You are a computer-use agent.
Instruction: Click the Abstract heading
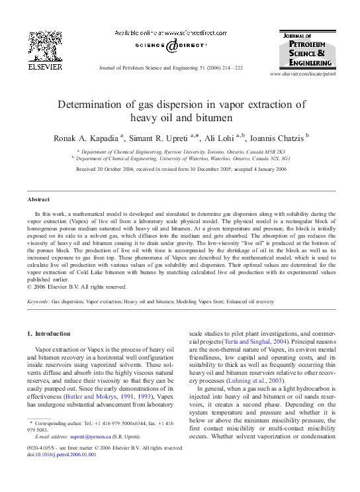38,199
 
